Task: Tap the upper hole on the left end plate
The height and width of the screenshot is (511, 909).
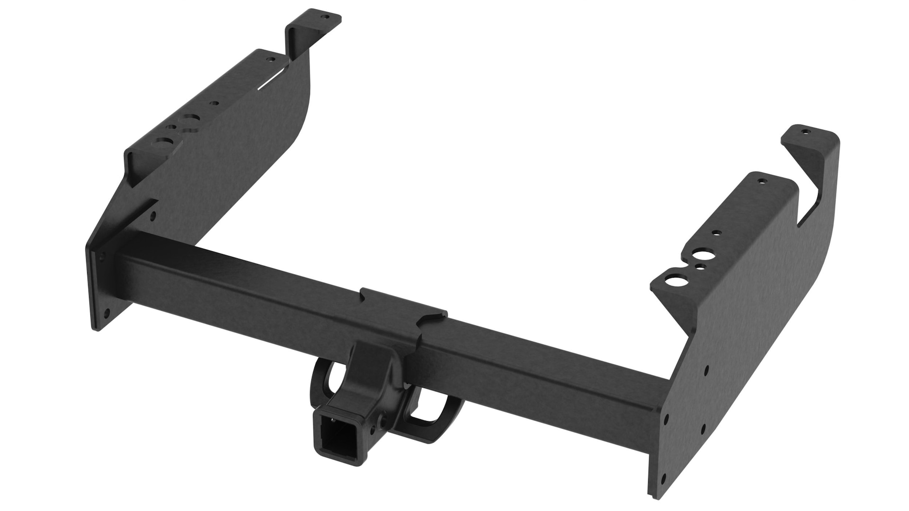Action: pyautogui.click(x=152, y=216)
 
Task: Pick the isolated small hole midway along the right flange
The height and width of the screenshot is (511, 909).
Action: pyautogui.click(x=716, y=233)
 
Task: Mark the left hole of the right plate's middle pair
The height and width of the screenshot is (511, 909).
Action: pyautogui.click(x=666, y=418)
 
